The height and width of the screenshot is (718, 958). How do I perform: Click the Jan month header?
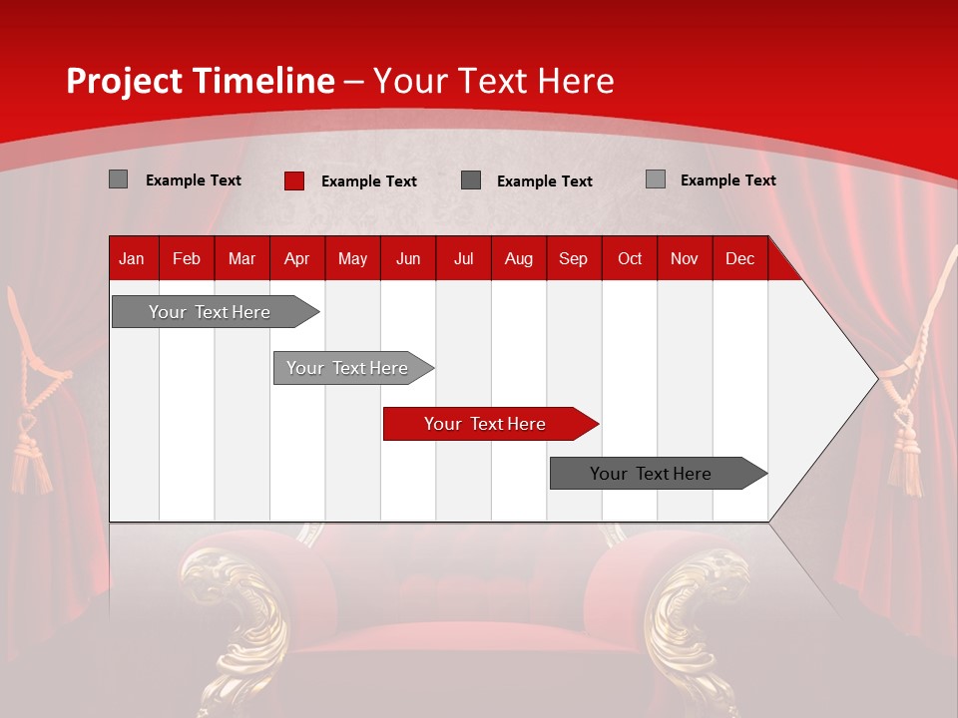(x=132, y=259)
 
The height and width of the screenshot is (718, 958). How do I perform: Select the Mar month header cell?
(x=241, y=259)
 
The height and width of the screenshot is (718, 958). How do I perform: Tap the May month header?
(x=352, y=259)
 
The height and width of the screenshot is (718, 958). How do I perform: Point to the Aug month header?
(x=518, y=259)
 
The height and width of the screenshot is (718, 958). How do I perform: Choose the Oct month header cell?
(x=630, y=259)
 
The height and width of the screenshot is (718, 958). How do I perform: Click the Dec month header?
(x=739, y=259)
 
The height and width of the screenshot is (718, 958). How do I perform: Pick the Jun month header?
(x=408, y=259)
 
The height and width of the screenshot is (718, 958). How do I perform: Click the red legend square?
(x=294, y=180)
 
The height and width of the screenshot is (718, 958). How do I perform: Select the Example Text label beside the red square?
(x=368, y=181)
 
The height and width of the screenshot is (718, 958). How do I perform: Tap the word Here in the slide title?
(x=577, y=81)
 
